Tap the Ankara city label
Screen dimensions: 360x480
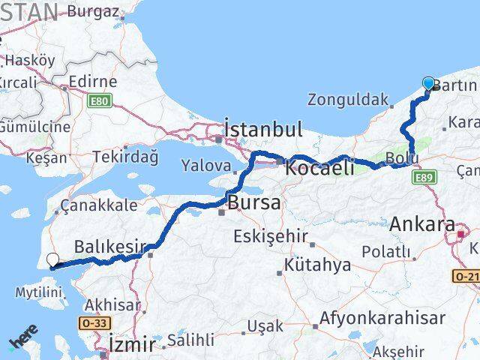(422, 224)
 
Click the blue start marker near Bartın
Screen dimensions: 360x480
(428, 83)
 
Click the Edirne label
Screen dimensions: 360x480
(92, 82)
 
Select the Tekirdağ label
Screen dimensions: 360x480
(125, 157)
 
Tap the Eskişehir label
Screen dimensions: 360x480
(271, 237)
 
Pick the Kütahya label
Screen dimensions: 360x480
(318, 265)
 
